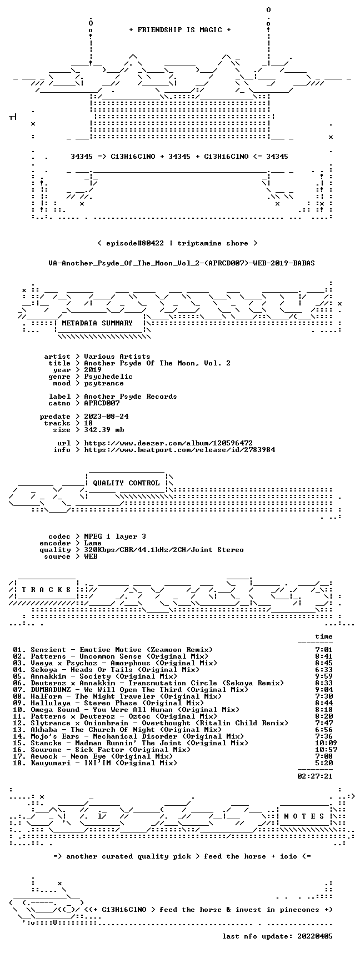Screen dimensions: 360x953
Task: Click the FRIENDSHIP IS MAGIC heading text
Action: pos(179,30)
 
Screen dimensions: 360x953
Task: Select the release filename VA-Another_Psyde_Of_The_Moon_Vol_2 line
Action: pos(182,263)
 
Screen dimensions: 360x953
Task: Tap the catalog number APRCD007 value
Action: pos(102,403)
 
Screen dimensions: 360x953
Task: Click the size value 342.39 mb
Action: pos(104,430)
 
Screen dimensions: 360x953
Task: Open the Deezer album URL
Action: pos(168,443)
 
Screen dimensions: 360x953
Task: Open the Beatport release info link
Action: pos(179,450)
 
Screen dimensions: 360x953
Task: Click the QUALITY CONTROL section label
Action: pos(126,483)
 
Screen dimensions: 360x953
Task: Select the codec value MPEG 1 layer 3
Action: pos(115,536)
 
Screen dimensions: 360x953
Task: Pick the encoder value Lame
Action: pos(93,543)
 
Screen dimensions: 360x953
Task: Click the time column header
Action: pos(324,636)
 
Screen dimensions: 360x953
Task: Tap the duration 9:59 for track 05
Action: pos(324,676)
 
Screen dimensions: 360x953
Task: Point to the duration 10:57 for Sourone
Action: pos(322,750)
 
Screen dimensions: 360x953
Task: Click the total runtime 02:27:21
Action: pos(315,776)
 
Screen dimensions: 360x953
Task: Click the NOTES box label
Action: pos(304,816)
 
